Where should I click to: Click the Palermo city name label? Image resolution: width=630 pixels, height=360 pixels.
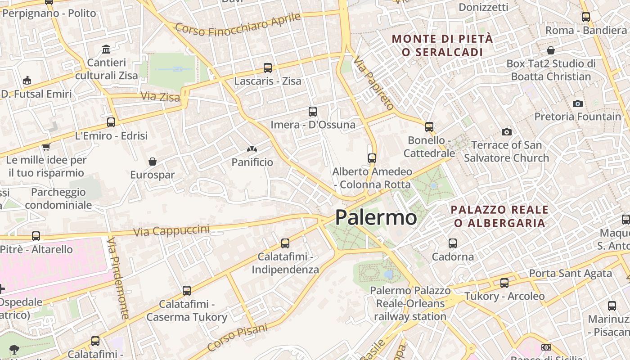(x=376, y=217)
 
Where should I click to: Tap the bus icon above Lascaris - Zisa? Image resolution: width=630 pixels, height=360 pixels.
(x=268, y=68)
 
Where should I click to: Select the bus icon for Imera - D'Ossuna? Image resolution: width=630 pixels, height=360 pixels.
(x=313, y=112)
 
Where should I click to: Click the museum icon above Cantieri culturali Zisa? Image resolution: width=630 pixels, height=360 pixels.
(x=106, y=49)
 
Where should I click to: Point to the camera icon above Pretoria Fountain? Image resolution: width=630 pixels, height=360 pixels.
(x=578, y=104)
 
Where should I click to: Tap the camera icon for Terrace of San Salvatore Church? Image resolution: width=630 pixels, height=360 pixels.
(x=507, y=132)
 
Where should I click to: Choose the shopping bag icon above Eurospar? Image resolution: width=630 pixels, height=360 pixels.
(x=153, y=162)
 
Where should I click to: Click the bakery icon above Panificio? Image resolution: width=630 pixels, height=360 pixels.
(x=252, y=149)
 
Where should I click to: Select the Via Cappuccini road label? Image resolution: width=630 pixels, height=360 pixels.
(x=171, y=231)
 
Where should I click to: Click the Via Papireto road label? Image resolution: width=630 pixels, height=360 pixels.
(x=373, y=83)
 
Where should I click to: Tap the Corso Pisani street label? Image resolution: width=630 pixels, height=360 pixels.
(x=237, y=337)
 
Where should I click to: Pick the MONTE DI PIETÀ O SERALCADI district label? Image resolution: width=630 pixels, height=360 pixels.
(x=442, y=45)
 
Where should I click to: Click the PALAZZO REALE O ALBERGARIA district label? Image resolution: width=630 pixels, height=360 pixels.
(x=499, y=216)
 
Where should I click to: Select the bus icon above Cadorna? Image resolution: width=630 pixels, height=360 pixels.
(x=453, y=243)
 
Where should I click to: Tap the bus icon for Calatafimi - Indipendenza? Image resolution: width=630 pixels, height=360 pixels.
(x=285, y=243)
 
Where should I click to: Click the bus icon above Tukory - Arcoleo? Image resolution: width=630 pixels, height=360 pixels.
(x=504, y=283)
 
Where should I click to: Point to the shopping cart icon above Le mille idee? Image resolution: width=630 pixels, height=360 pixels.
(x=46, y=147)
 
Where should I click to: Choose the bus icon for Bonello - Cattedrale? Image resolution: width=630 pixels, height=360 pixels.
(x=429, y=127)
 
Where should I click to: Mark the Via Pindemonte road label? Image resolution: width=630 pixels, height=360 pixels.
(x=118, y=279)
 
